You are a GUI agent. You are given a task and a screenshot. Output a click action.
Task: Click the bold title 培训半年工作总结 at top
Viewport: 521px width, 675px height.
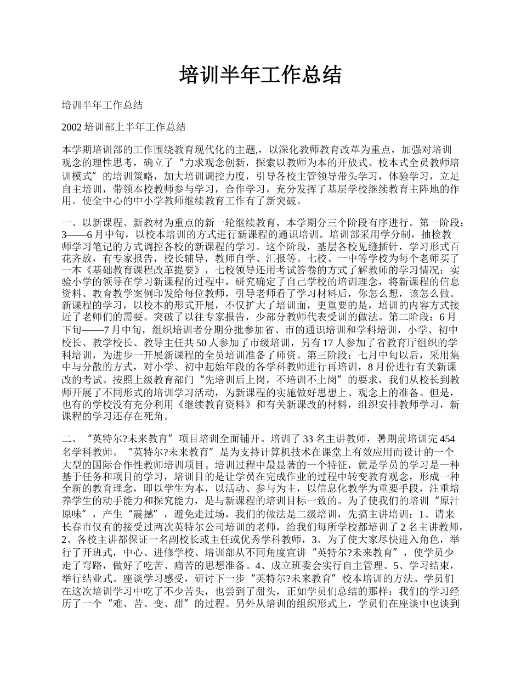coord(260,75)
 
